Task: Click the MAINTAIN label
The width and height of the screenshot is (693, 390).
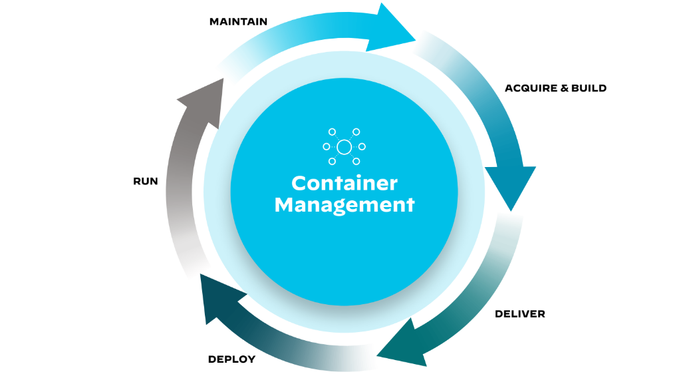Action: (238, 22)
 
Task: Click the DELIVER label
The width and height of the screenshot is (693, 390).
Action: (519, 313)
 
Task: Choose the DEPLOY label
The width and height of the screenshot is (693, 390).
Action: (231, 359)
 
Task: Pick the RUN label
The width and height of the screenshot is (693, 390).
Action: (146, 181)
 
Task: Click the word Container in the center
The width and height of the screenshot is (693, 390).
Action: (344, 183)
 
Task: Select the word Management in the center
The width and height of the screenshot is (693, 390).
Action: (344, 204)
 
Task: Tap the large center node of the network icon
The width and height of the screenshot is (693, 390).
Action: (344, 147)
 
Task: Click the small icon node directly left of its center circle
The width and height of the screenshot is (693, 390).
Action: (327, 147)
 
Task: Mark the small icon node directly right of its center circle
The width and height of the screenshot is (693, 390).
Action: (362, 147)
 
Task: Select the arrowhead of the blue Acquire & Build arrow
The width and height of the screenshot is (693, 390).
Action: (511, 186)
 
